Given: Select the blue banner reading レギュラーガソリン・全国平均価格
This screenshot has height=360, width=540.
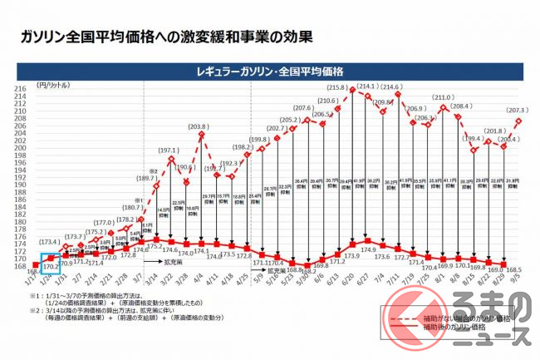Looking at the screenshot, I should tap(270, 71).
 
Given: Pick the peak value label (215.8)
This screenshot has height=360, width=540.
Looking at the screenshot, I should tap(337, 86).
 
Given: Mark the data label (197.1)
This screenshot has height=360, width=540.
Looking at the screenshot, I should tap(169, 151).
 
